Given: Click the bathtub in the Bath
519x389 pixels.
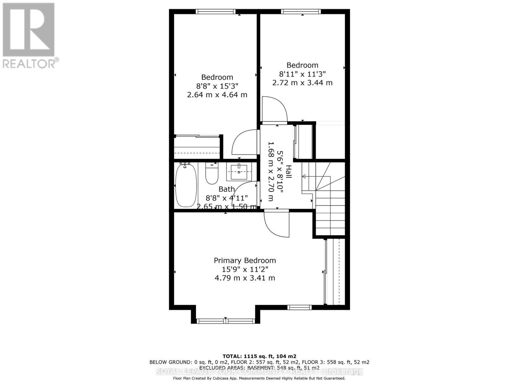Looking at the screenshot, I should (x=186, y=185).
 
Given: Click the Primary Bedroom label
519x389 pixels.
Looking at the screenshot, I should (x=245, y=261).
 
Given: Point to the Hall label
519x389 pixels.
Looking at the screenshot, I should (x=288, y=172).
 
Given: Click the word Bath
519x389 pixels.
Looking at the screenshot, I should (x=226, y=189).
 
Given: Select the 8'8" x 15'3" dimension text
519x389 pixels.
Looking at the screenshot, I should (x=217, y=86).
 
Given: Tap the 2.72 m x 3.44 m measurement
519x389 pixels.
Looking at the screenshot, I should (x=302, y=83).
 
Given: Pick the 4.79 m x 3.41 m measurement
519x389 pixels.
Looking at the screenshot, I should (x=245, y=278).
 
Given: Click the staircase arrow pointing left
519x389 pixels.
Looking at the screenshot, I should (x=305, y=176).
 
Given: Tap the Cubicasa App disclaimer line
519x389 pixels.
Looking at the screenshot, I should (x=259, y=378).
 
